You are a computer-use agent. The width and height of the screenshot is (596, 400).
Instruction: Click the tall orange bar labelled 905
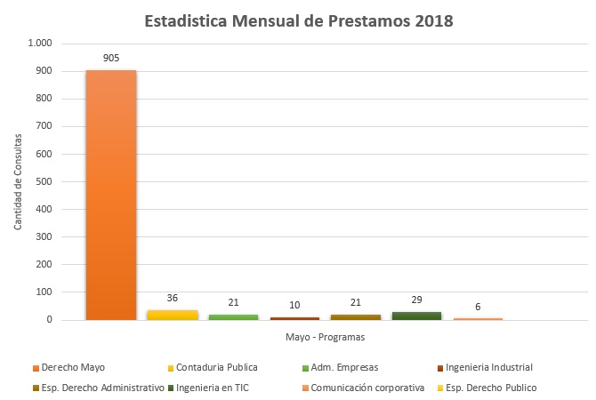tap(111, 196)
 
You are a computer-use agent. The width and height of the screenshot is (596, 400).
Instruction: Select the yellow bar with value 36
tap(173, 315)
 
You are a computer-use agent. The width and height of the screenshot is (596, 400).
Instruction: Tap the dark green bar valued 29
tap(416, 316)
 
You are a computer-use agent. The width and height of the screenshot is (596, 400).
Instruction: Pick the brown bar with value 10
tap(294, 317)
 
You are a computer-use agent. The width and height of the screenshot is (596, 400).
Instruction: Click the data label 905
tap(111, 58)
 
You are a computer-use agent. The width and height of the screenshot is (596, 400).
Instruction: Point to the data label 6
tap(478, 307)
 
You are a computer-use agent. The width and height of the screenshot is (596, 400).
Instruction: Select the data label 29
tap(416, 300)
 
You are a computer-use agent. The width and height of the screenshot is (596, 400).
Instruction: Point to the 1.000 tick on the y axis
tap(41, 44)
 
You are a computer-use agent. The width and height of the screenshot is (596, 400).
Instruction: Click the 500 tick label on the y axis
tap(44, 181)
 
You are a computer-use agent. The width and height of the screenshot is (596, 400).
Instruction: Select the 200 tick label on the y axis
tap(44, 264)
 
